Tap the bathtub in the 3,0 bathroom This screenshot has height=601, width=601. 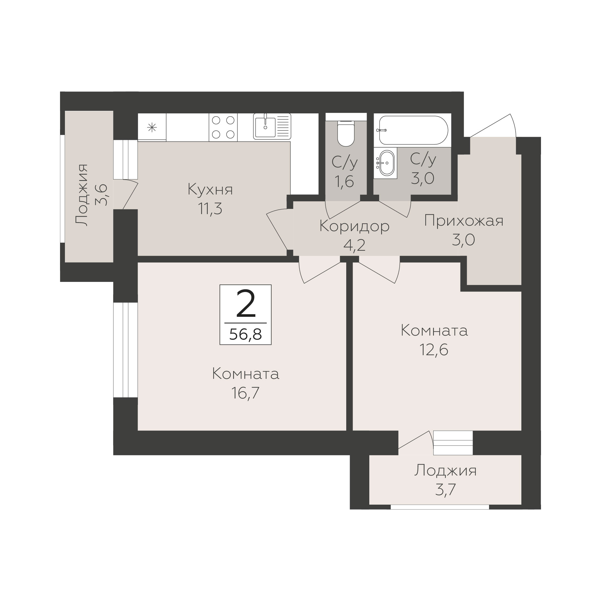point(413,130)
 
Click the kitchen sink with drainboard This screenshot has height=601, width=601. point(272,126)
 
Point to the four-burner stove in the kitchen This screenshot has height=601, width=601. point(223,127)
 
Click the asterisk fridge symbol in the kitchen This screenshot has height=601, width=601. point(152,127)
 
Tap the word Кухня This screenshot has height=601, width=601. point(210,190)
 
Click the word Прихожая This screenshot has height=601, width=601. point(463,221)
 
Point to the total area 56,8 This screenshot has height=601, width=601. point(246,334)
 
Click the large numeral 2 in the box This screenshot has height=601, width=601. point(246,303)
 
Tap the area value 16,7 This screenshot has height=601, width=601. point(245,393)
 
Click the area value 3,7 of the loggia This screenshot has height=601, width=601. point(445,490)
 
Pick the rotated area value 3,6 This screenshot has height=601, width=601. point(101,195)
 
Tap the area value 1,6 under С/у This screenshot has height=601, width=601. point(345,181)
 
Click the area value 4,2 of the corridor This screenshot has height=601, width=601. point(354,246)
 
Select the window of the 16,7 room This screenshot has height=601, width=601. point(125,350)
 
